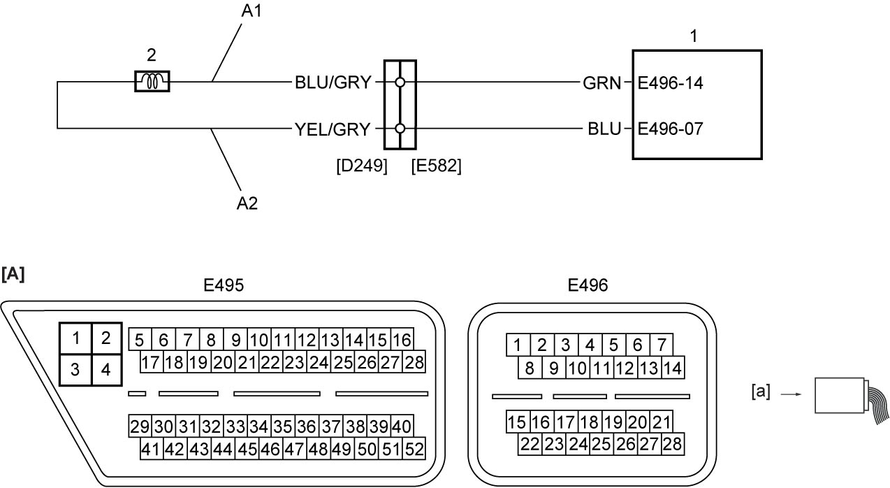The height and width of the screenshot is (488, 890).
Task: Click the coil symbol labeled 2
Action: pyautogui.click(x=152, y=82)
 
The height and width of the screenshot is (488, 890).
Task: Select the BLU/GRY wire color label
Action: pyautogui.click(x=333, y=82)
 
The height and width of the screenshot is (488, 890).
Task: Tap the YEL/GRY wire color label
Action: pyautogui.click(x=333, y=129)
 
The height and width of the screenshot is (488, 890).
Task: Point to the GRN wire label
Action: pyautogui.click(x=601, y=83)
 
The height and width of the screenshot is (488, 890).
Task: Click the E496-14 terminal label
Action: pyautogui.click(x=670, y=83)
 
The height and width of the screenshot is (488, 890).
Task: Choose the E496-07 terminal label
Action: pyautogui.click(x=670, y=129)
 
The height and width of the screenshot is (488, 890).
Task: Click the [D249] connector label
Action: pyautogui.click(x=362, y=166)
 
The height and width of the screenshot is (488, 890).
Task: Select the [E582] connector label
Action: pyautogui.click(x=436, y=166)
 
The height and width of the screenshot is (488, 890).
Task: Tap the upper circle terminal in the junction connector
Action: pyautogui.click(x=400, y=82)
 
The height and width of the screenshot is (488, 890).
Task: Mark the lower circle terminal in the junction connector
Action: pyautogui.click(x=400, y=129)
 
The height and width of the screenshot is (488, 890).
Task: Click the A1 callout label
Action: pyautogui.click(x=251, y=11)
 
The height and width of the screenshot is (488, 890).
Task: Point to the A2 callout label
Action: pyautogui.click(x=247, y=203)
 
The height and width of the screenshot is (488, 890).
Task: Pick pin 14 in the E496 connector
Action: pyautogui.click(x=673, y=368)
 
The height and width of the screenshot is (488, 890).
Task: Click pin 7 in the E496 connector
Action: pyautogui.click(x=661, y=345)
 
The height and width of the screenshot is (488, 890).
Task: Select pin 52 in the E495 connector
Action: pyautogui.click(x=414, y=449)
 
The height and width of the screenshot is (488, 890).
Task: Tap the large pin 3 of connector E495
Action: pyautogui.click(x=75, y=370)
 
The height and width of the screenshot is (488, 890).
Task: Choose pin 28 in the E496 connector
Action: pyautogui.click(x=673, y=444)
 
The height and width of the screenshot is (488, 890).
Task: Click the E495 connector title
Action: pyautogui.click(x=224, y=285)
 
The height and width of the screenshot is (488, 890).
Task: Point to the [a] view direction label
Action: pyautogui.click(x=761, y=392)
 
